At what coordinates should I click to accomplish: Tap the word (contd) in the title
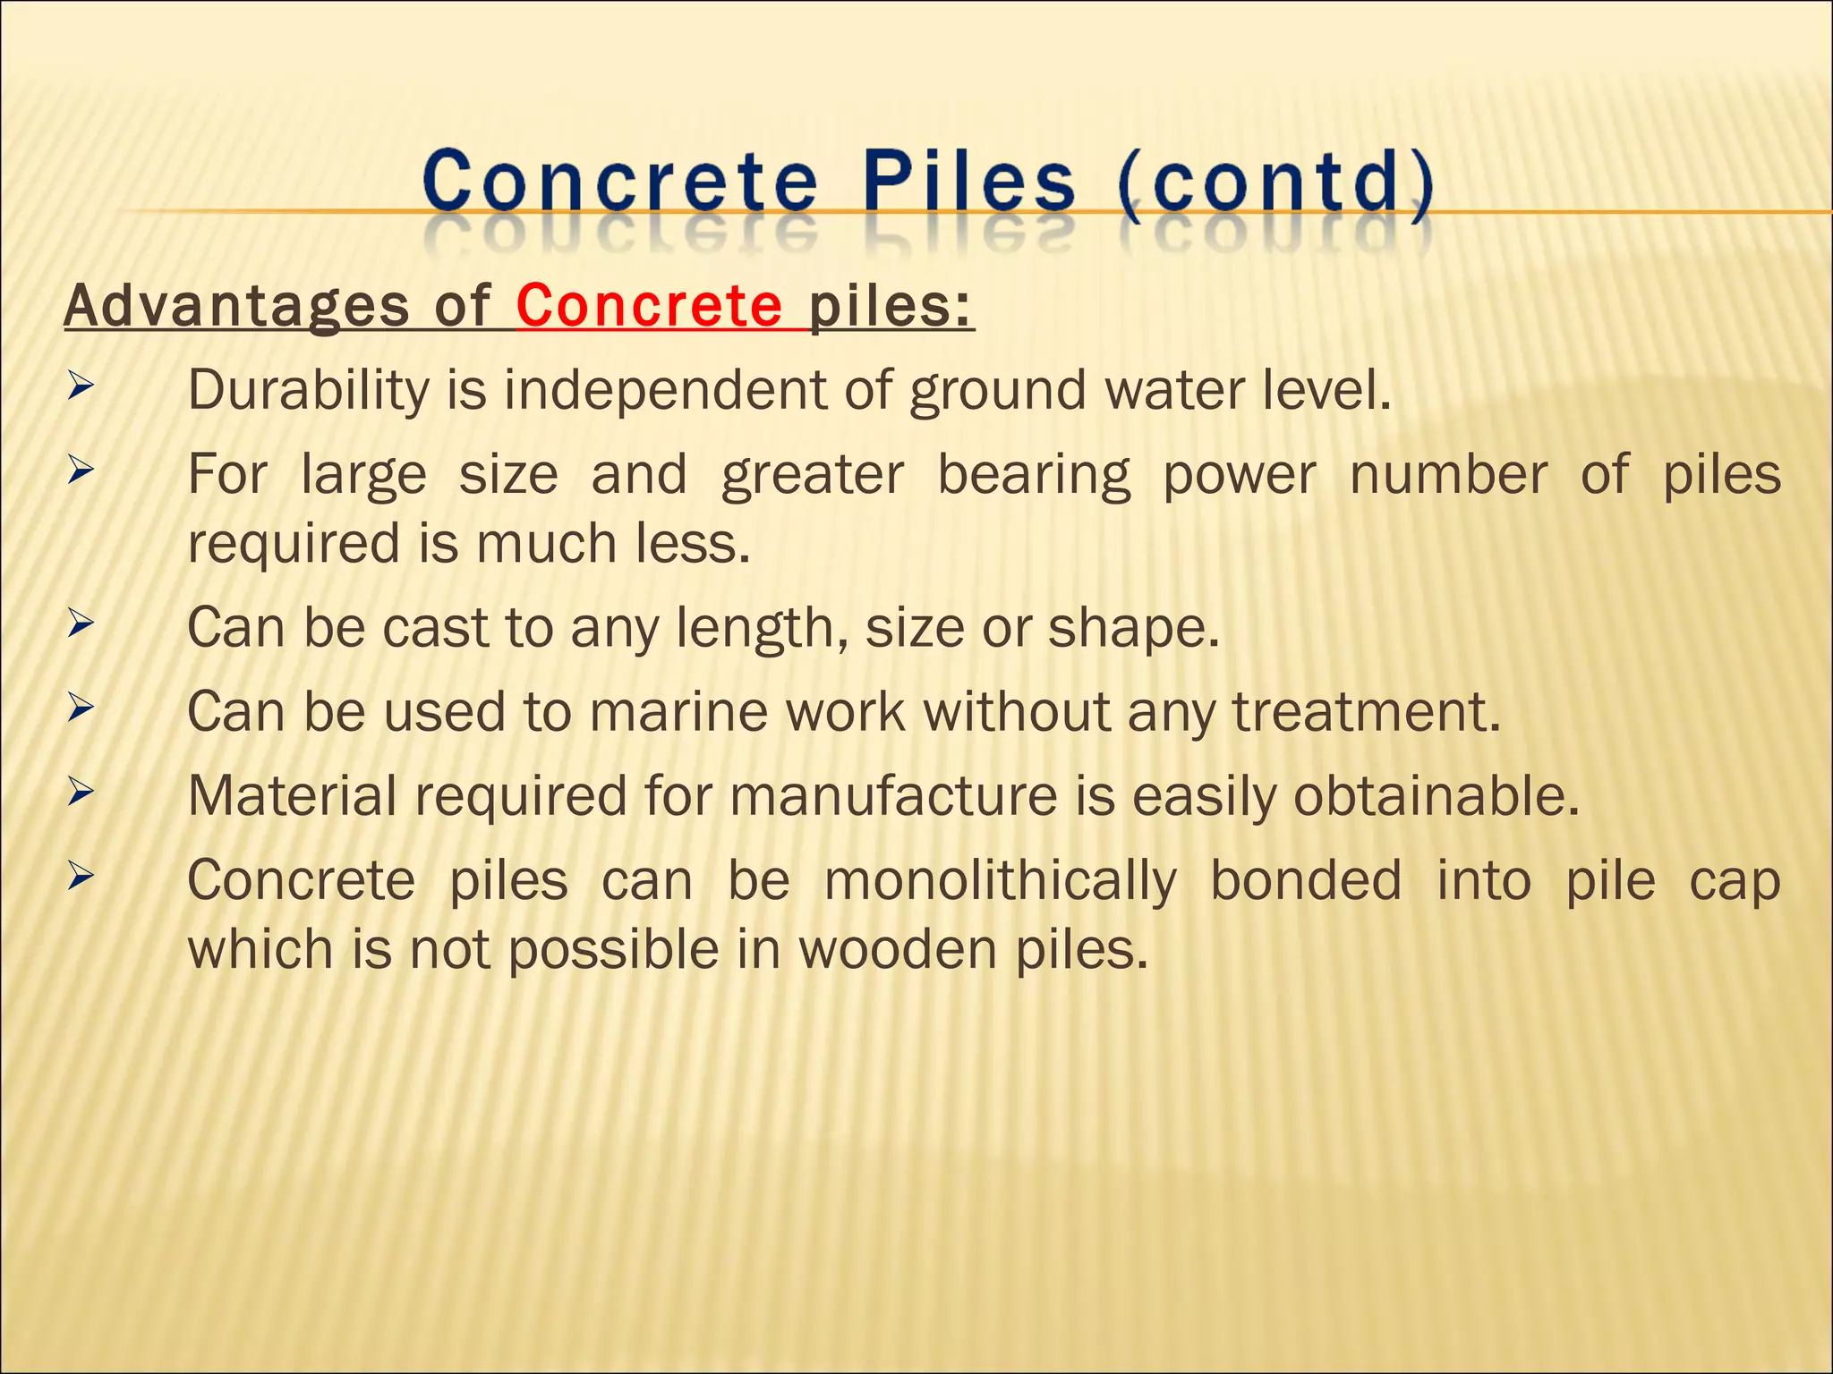[1275, 184]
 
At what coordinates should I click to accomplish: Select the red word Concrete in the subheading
[649, 306]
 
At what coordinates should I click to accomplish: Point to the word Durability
[309, 391]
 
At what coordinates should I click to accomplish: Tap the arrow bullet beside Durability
[81, 387]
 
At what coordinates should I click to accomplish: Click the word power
[1239, 475]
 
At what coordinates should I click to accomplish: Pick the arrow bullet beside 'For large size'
[81, 471]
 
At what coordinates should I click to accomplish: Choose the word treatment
[1366, 712]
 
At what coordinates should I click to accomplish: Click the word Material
[292, 795]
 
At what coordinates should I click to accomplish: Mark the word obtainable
[1437, 795]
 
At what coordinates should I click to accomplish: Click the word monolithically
[1000, 881]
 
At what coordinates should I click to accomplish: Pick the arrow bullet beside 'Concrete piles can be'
[81, 877]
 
